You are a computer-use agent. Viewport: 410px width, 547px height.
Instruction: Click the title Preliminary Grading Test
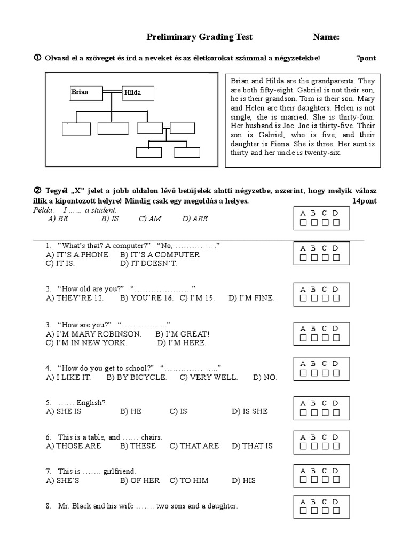[200, 37]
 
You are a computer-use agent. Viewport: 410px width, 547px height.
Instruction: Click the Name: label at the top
[326, 37]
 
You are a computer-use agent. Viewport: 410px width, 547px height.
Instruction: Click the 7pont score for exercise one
[366, 58]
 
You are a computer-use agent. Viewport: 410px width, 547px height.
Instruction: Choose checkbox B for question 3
[314, 338]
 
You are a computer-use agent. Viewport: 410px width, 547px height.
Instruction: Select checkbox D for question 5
[336, 412]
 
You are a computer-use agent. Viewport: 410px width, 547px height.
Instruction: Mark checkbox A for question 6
[303, 447]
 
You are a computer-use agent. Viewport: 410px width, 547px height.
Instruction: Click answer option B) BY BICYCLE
[137, 377]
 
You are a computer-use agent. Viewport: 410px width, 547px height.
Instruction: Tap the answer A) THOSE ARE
[74, 446]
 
